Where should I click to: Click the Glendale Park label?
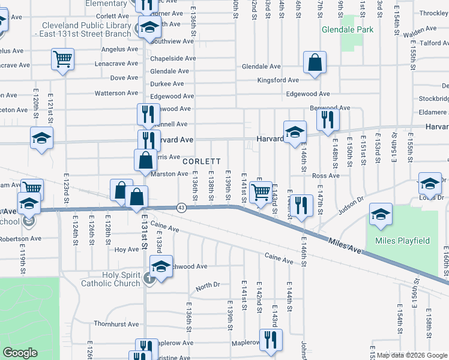[x=348, y=29]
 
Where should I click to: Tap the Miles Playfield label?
[x=402, y=241]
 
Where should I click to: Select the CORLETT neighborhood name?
[x=202, y=162]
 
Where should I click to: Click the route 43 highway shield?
[x=181, y=208]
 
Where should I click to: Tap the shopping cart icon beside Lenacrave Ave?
[x=63, y=59]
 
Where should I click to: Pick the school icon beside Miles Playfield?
[x=381, y=214]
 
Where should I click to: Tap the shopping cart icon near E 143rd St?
[x=261, y=193]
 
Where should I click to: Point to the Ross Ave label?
[x=326, y=176]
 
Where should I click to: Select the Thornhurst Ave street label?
[x=116, y=323]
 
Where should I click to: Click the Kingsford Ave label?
[x=278, y=80]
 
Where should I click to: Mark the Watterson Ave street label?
[x=116, y=93]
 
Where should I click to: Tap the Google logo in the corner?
[x=20, y=353]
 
